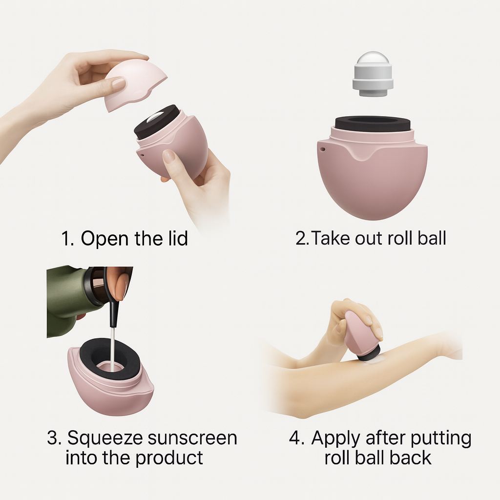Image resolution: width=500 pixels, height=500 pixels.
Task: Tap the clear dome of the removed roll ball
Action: point(373,59)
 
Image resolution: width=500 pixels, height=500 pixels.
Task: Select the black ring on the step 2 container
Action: point(373,123)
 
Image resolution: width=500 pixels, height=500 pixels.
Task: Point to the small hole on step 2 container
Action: point(323,149)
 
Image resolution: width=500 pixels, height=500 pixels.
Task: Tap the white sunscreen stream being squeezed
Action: point(113,349)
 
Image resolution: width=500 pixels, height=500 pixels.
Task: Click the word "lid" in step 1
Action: point(178,238)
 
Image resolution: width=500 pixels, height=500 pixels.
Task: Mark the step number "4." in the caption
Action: point(296,438)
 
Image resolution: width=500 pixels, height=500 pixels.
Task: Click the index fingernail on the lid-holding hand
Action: point(119,83)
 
